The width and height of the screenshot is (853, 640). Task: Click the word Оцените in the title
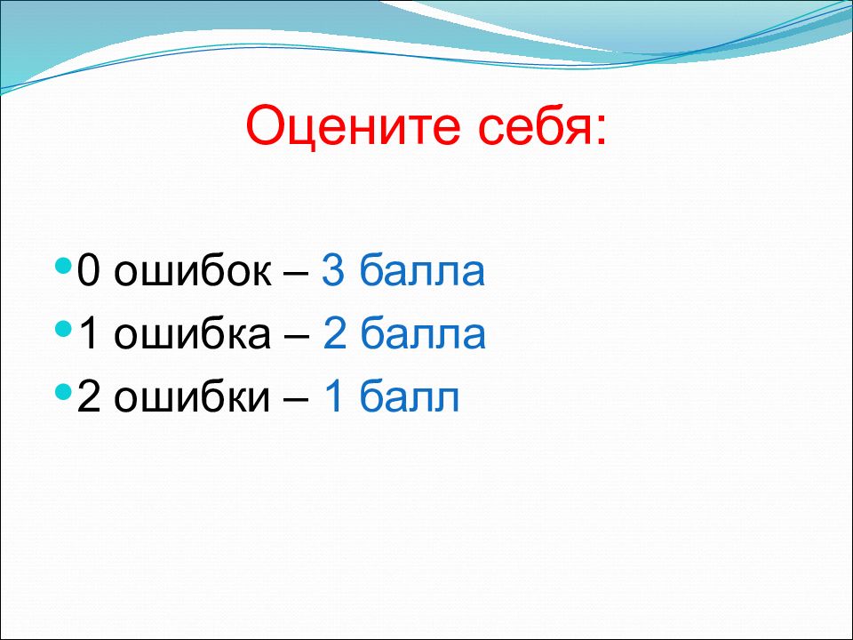(353, 126)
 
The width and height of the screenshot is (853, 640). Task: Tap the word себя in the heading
(533, 124)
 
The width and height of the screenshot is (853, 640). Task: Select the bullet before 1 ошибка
(64, 329)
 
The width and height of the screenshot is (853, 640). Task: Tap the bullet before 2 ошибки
(64, 391)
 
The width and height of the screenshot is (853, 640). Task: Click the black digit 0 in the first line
(89, 270)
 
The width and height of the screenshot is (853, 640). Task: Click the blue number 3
(333, 270)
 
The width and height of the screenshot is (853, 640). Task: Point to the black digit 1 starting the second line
(89, 333)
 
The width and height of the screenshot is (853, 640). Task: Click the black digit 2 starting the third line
(89, 396)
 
